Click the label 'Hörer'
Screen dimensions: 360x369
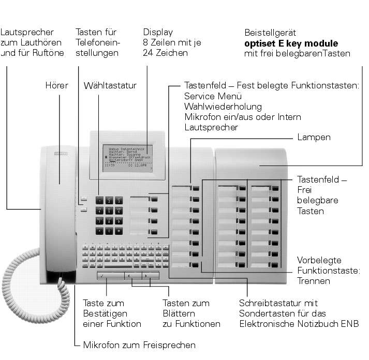point(57,85)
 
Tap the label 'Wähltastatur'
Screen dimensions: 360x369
point(110,85)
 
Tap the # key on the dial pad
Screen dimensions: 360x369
point(119,231)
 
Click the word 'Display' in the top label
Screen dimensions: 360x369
point(158,32)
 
